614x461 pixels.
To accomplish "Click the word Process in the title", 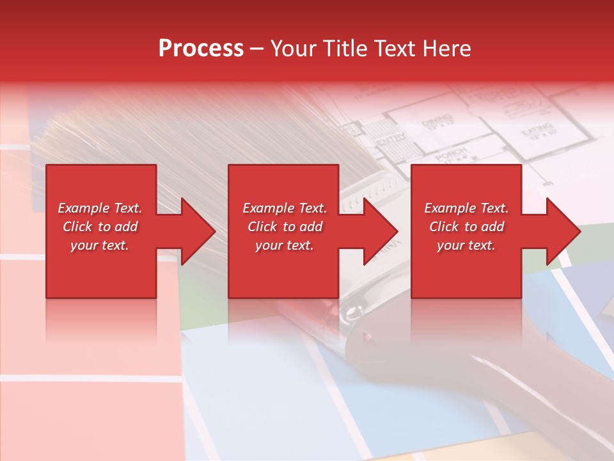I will (x=201, y=48).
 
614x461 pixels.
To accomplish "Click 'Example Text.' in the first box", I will (x=100, y=208).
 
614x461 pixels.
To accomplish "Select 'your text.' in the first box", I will (x=100, y=245).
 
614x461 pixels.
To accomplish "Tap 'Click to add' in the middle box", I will (x=285, y=227).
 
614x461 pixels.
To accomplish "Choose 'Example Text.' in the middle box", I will (x=285, y=208).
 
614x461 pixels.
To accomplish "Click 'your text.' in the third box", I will (x=466, y=245).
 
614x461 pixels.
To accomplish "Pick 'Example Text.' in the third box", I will (x=466, y=208).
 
